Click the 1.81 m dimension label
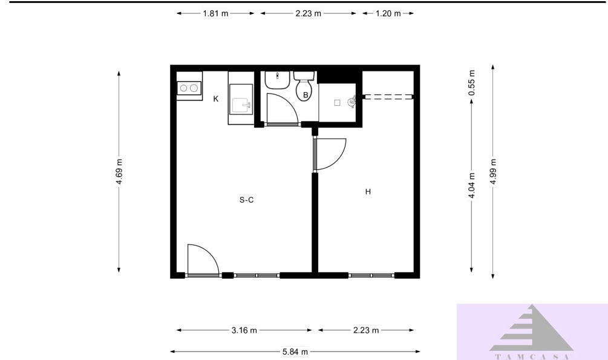pos(215,13)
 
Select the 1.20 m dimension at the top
pos(388,13)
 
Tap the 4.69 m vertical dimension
pos(119,172)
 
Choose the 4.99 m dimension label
pos(494,173)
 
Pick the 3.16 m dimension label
pos(244,330)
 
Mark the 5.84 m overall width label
pos(295,352)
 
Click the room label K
pos(216,99)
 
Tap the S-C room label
pos(246,200)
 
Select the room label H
pos(367,192)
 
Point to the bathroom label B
pos(306,94)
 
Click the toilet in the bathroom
pos(303,87)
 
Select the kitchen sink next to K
pos(242,105)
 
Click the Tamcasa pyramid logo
pos(531,330)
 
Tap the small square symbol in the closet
pos(338,102)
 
